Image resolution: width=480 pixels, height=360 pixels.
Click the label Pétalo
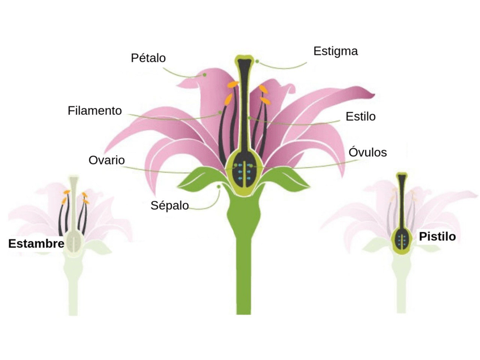148,58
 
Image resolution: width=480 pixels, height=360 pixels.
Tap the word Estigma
335,51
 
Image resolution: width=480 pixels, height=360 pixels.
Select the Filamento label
95,110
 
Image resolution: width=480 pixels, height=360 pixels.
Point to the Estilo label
361,117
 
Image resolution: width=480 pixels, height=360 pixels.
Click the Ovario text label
106,160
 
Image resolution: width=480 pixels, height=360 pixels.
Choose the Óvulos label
368,152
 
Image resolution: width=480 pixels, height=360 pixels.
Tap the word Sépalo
170,205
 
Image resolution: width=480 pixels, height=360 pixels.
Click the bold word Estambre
35,244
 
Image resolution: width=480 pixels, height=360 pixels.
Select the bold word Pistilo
437,236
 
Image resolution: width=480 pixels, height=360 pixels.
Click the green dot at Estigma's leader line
257,61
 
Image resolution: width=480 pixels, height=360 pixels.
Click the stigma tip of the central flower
244,59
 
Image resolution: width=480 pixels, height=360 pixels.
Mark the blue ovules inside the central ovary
244,171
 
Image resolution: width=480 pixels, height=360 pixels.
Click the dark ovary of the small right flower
402,239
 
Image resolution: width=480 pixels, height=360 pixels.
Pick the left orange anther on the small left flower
66,193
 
